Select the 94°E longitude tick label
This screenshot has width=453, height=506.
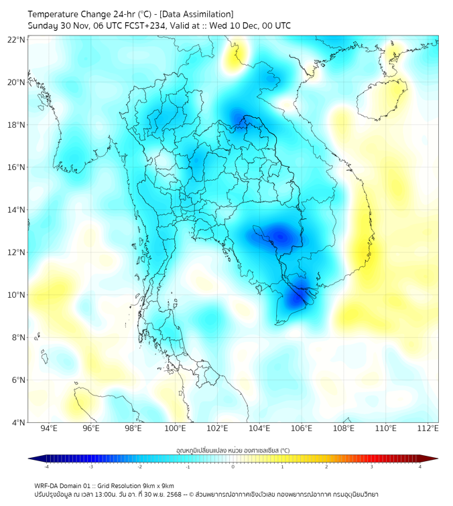(x=49, y=428)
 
